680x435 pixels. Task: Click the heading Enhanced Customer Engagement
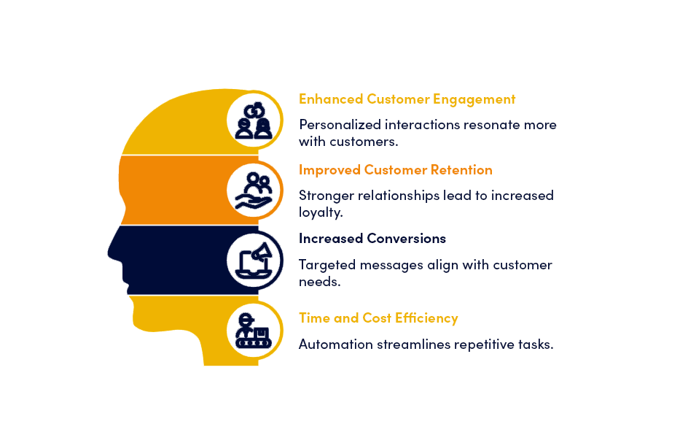(x=407, y=99)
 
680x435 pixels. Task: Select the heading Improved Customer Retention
(x=396, y=170)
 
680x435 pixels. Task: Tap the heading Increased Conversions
(x=372, y=239)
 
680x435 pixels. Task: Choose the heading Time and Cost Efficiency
(x=378, y=318)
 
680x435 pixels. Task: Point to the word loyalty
(x=321, y=212)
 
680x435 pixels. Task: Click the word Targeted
(x=327, y=265)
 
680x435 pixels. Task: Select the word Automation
(x=336, y=344)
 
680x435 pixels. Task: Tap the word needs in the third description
(x=319, y=282)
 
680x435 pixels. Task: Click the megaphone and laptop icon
(x=254, y=261)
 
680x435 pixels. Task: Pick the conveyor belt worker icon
(x=254, y=331)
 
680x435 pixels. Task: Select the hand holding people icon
(x=254, y=191)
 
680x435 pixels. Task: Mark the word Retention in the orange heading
(x=461, y=170)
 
